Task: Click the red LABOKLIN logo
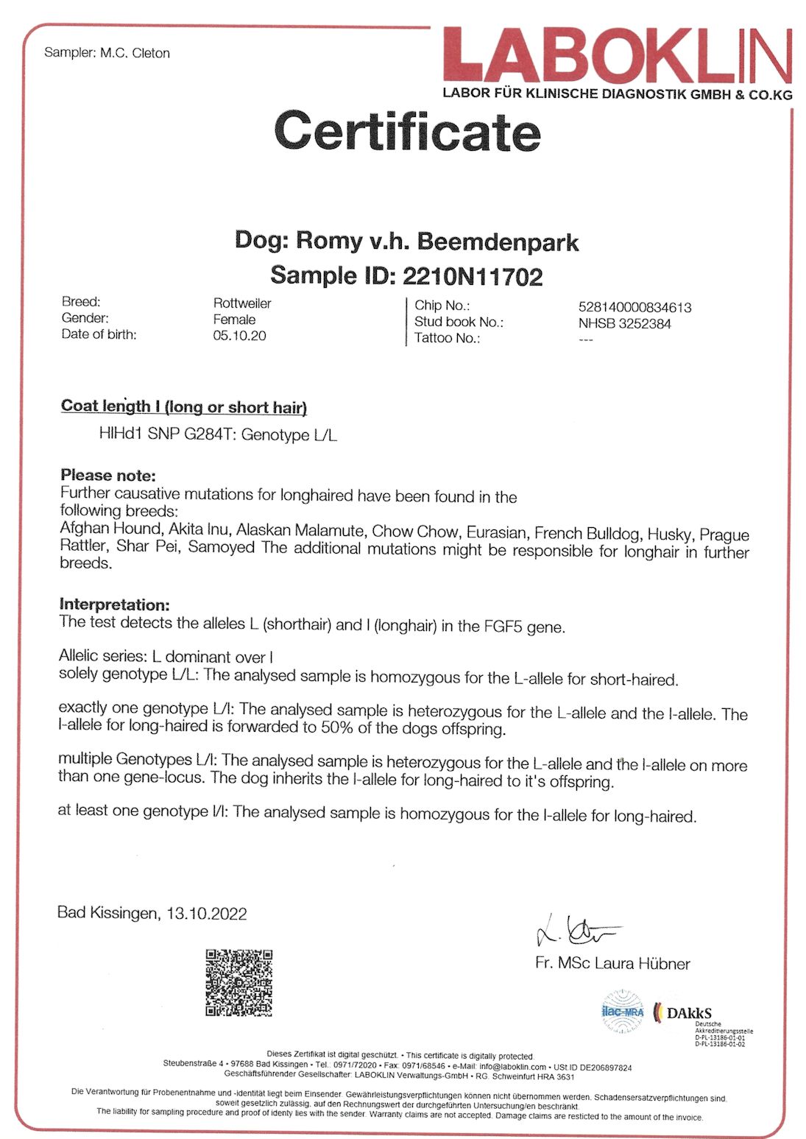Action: pos(617,56)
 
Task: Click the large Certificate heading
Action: pos(407,131)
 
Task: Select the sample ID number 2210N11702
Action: pos(473,276)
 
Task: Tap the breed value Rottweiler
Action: pos(242,303)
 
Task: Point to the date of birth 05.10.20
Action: pos(239,336)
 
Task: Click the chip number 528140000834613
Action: pos(634,307)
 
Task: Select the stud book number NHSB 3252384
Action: pos(624,323)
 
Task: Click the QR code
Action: pos(238,982)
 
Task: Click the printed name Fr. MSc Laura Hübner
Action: pos(612,963)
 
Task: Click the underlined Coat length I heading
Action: pos(183,406)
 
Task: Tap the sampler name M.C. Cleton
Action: pos(135,53)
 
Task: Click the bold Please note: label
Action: pos(108,475)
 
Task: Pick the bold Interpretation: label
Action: pos(114,604)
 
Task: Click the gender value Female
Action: pos(234,320)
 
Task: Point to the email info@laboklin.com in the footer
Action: pos(512,1067)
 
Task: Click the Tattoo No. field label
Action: pos(447,338)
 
